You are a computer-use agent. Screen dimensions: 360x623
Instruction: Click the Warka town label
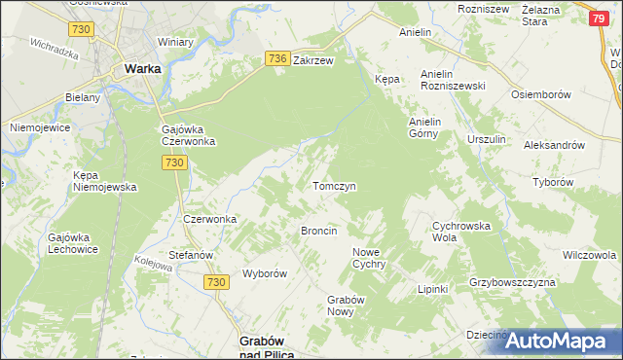point(142,69)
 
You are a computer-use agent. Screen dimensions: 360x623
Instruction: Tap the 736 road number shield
point(276,59)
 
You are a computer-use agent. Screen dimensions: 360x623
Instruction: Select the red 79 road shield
point(600,18)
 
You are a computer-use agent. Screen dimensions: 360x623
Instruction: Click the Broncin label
point(319,231)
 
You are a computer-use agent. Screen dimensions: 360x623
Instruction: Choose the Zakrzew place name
point(313,59)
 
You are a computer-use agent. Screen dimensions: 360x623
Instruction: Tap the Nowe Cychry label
point(369,258)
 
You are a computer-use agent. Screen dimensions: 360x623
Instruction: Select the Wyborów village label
point(264,273)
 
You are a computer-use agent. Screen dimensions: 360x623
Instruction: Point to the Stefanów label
point(191,255)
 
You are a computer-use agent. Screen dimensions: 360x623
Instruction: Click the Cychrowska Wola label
point(458,231)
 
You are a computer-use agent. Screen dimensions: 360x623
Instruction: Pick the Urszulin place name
point(486,140)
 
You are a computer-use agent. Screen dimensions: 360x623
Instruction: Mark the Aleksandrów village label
point(553,144)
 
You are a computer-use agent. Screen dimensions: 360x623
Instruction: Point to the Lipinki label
point(431,289)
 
